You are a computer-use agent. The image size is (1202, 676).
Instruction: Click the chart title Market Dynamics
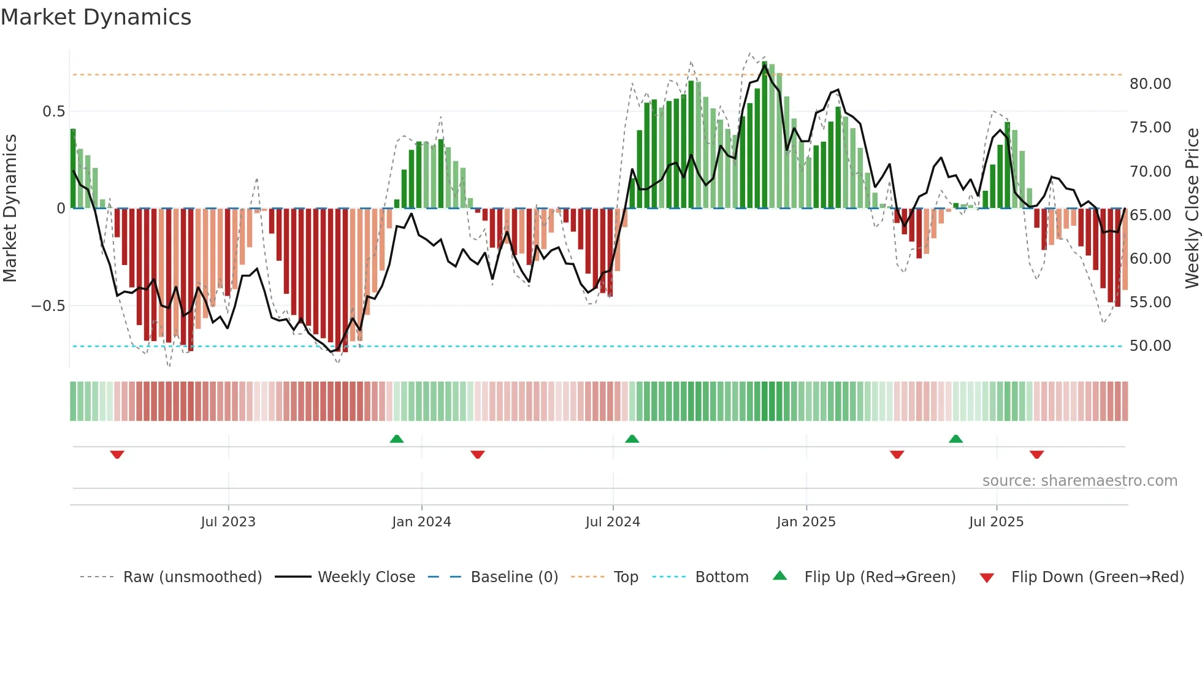pyautogui.click(x=96, y=17)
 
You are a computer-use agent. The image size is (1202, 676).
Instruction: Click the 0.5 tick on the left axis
pyautogui.click(x=53, y=112)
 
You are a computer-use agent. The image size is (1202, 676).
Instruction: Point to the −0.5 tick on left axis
pyautogui.click(x=48, y=306)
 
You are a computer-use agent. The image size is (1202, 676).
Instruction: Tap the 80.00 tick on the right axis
pyautogui.click(x=1150, y=84)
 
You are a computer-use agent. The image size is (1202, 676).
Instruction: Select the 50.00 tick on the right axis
pyautogui.click(x=1150, y=346)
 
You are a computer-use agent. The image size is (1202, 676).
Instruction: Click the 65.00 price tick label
pyautogui.click(x=1150, y=215)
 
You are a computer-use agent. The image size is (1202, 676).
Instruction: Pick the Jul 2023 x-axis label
pyautogui.click(x=228, y=522)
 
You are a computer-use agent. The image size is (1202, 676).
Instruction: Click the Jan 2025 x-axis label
pyautogui.click(x=806, y=522)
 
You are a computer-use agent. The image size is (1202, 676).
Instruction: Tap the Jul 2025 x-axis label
pyautogui.click(x=996, y=522)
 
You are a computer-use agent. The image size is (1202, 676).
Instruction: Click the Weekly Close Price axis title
pyautogui.click(x=1192, y=208)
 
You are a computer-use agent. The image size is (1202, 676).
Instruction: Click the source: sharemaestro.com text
pyautogui.click(x=1079, y=481)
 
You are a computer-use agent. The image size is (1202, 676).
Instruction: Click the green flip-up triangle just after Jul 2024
pyautogui.click(x=632, y=439)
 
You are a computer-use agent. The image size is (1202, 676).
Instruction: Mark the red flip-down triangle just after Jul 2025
pyautogui.click(x=1036, y=455)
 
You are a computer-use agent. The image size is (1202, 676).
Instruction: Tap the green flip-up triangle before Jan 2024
pyautogui.click(x=397, y=439)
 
